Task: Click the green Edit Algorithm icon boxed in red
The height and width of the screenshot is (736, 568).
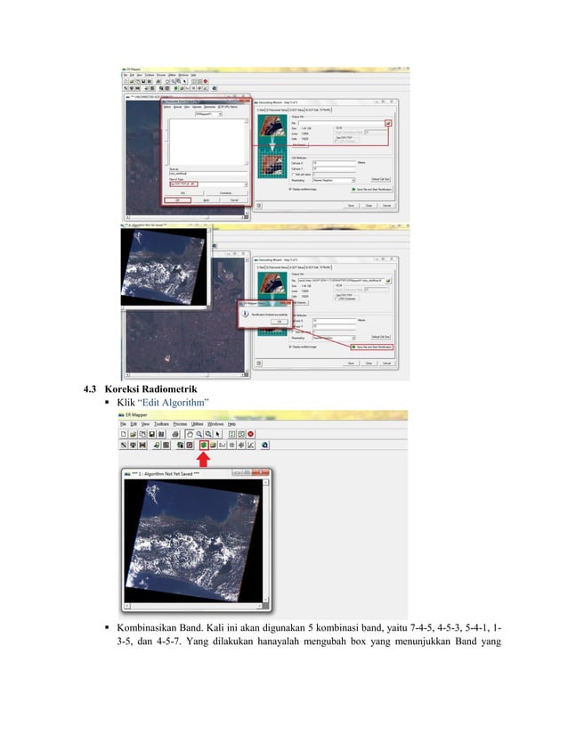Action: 204,443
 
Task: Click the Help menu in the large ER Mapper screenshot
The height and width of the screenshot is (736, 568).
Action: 231,423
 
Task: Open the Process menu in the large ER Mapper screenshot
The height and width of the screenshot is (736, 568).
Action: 181,423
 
